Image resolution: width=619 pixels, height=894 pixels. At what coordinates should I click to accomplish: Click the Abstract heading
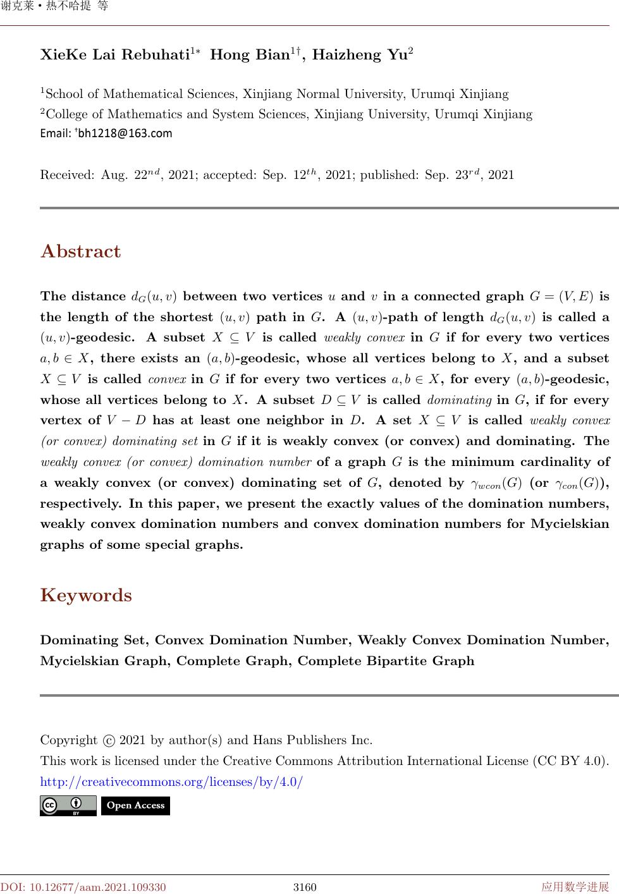[80, 251]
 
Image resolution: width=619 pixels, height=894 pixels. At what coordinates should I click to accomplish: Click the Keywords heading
[86, 595]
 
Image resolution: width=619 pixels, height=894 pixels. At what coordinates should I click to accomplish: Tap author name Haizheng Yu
[359, 55]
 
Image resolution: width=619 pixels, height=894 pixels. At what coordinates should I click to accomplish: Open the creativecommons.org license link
[171, 782]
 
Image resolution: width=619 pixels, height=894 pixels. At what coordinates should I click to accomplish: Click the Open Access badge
[135, 805]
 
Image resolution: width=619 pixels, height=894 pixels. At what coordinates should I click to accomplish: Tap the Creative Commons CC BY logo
[68, 805]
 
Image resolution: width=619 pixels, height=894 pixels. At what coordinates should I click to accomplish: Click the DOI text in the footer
[83, 887]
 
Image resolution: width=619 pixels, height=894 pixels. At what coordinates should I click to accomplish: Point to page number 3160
[304, 887]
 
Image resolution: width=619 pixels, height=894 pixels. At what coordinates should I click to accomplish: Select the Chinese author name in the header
[54, 6]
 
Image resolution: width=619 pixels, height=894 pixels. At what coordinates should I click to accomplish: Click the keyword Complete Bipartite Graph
[386, 661]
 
